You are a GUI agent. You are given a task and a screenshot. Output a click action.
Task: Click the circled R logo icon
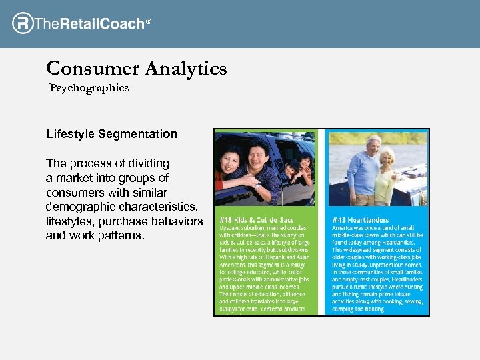22,23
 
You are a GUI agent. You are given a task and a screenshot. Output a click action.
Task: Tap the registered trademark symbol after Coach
149,22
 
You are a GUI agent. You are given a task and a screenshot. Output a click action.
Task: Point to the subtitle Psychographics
89,88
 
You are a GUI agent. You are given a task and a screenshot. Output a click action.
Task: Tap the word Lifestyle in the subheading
71,134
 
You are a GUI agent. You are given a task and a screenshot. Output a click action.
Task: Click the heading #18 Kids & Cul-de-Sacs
256,220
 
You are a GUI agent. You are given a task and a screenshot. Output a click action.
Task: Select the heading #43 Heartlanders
360,220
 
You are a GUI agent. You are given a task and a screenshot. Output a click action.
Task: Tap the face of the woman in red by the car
231,162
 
